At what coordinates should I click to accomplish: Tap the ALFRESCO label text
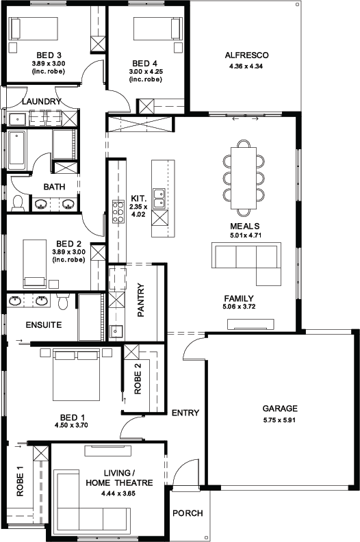pyautogui.click(x=246, y=55)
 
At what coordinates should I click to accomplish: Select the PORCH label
pyautogui.click(x=187, y=514)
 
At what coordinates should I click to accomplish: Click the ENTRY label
pyautogui.click(x=185, y=413)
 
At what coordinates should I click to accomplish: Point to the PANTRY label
pyautogui.click(x=141, y=300)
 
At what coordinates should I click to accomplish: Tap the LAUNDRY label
pyautogui.click(x=41, y=101)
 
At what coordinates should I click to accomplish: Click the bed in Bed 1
pyautogui.click(x=77, y=375)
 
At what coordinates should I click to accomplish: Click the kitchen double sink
pyautogui.click(x=159, y=198)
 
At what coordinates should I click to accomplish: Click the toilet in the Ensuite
pyautogui.click(x=64, y=302)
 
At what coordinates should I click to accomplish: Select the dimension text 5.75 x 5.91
pyautogui.click(x=280, y=419)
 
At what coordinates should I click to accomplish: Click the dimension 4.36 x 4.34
pyautogui.click(x=246, y=66)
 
